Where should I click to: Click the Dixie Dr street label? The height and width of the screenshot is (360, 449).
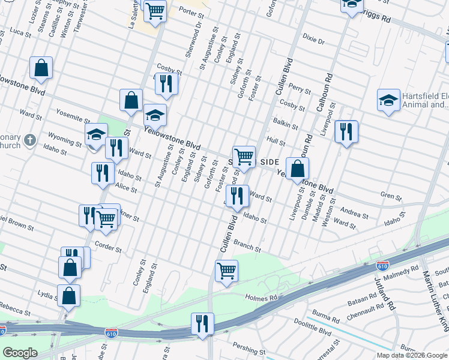coord(313,41)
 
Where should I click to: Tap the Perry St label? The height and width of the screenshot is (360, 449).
coord(300,89)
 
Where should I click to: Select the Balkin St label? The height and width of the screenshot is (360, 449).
coord(286,124)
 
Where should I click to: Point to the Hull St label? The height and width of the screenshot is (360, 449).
coord(276,142)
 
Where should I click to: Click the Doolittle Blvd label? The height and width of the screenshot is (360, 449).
coord(316,331)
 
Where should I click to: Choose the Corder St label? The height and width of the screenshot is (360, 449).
coord(108,248)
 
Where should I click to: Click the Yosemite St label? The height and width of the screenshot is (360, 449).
coord(71,112)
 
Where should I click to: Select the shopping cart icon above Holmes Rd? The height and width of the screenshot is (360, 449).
coord(227,270)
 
